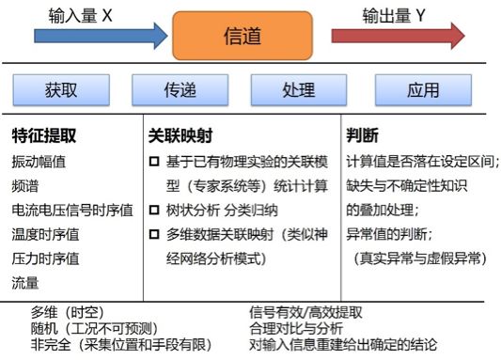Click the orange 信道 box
click(x=243, y=36)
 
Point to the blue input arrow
click(x=101, y=36)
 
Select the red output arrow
click(x=399, y=36)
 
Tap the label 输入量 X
click(x=81, y=15)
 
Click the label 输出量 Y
click(x=394, y=15)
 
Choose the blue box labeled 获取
click(x=61, y=90)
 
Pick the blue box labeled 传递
click(x=180, y=90)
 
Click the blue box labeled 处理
click(x=299, y=90)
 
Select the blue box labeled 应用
click(x=423, y=90)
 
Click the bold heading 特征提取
click(x=44, y=135)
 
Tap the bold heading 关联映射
click(x=180, y=135)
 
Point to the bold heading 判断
click(x=363, y=135)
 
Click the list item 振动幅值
click(x=39, y=162)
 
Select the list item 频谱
click(x=25, y=186)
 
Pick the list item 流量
click(x=25, y=283)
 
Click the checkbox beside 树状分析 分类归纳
click(x=154, y=210)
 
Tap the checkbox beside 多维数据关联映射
click(x=154, y=234)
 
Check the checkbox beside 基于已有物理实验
click(x=154, y=162)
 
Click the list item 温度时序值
click(x=45, y=234)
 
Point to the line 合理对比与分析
click(x=296, y=329)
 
